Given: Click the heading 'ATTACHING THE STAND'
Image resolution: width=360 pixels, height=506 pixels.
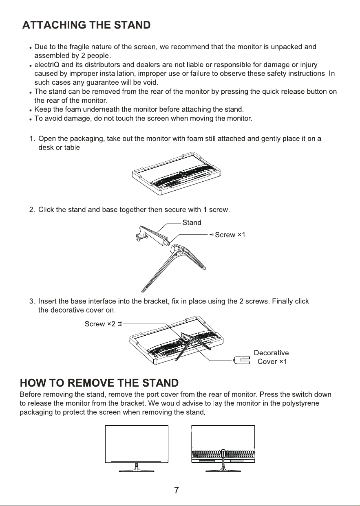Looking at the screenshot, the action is click(x=86, y=25).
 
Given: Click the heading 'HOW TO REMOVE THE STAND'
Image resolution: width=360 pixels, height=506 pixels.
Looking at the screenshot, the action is click(x=99, y=383).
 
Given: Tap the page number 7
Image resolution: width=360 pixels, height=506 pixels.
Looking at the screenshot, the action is click(x=177, y=490).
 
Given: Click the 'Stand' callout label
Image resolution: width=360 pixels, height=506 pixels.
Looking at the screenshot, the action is click(x=192, y=222).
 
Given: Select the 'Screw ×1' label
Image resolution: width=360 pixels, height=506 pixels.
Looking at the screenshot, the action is click(x=230, y=235).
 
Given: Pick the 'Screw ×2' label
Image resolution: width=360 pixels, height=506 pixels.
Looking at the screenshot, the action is click(x=100, y=324).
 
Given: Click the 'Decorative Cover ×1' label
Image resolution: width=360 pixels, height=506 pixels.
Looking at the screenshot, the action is click(x=272, y=357).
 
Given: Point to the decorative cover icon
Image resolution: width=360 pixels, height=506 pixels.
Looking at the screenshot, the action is click(x=242, y=360).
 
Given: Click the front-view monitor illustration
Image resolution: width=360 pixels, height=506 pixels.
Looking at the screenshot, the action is click(x=137, y=449).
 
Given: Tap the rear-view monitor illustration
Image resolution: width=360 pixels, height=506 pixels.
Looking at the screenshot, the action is click(x=223, y=449).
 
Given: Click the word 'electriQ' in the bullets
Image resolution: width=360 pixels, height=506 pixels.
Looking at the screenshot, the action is click(x=47, y=65).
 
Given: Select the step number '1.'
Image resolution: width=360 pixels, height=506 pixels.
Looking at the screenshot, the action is click(x=32, y=139).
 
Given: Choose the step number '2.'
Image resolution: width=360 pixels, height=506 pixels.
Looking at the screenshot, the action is click(x=32, y=210).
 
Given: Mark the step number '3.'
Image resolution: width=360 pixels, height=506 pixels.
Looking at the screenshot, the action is click(x=32, y=301).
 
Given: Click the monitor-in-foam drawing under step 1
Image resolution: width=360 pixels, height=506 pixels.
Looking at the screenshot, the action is click(x=176, y=174).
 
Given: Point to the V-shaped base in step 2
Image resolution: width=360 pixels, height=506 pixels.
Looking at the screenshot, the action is click(x=174, y=268).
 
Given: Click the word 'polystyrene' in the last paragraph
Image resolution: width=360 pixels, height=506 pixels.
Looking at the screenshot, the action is click(x=300, y=403).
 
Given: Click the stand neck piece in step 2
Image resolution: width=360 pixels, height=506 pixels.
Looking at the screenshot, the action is click(x=152, y=236).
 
